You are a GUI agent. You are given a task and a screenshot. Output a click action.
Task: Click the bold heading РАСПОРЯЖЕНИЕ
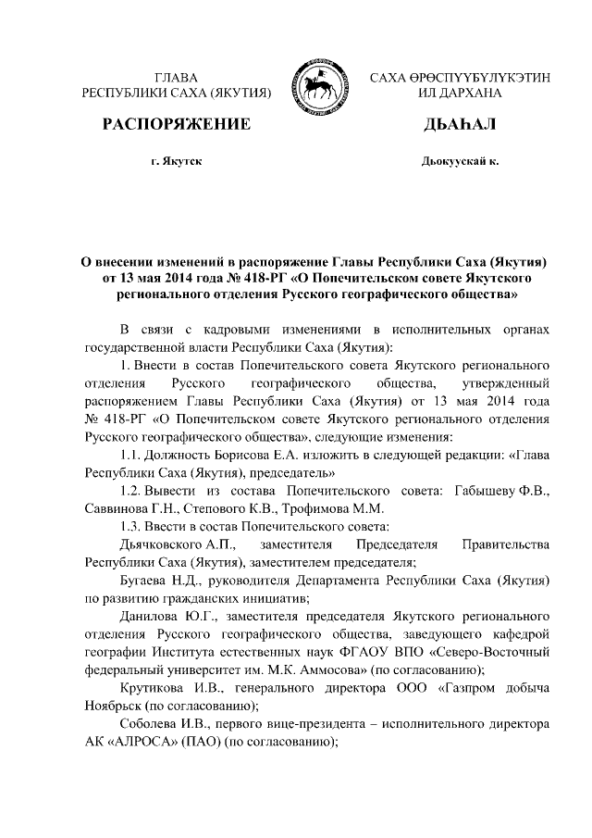click(x=177, y=124)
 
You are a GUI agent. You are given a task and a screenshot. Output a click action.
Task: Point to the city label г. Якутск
click(x=177, y=161)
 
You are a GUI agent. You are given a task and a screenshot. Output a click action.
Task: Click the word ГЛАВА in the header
click(x=177, y=76)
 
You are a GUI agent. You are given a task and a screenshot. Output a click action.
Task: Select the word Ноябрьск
click(x=115, y=707)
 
